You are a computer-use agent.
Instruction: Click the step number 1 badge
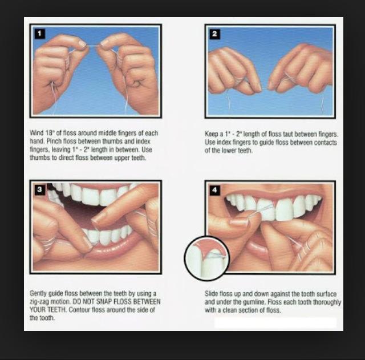pos(39,34)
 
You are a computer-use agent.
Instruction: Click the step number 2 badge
pos(214,34)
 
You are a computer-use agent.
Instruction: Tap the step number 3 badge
pos(39,190)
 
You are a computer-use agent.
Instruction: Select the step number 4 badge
pos(214,190)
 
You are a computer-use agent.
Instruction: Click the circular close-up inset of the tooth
pos(207,258)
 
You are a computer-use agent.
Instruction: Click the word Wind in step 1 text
pos(36,133)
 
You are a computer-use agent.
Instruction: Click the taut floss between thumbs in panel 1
pos(94,46)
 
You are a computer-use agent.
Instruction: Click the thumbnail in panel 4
pos(238,221)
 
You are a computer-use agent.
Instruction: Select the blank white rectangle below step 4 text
pos(275,323)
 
